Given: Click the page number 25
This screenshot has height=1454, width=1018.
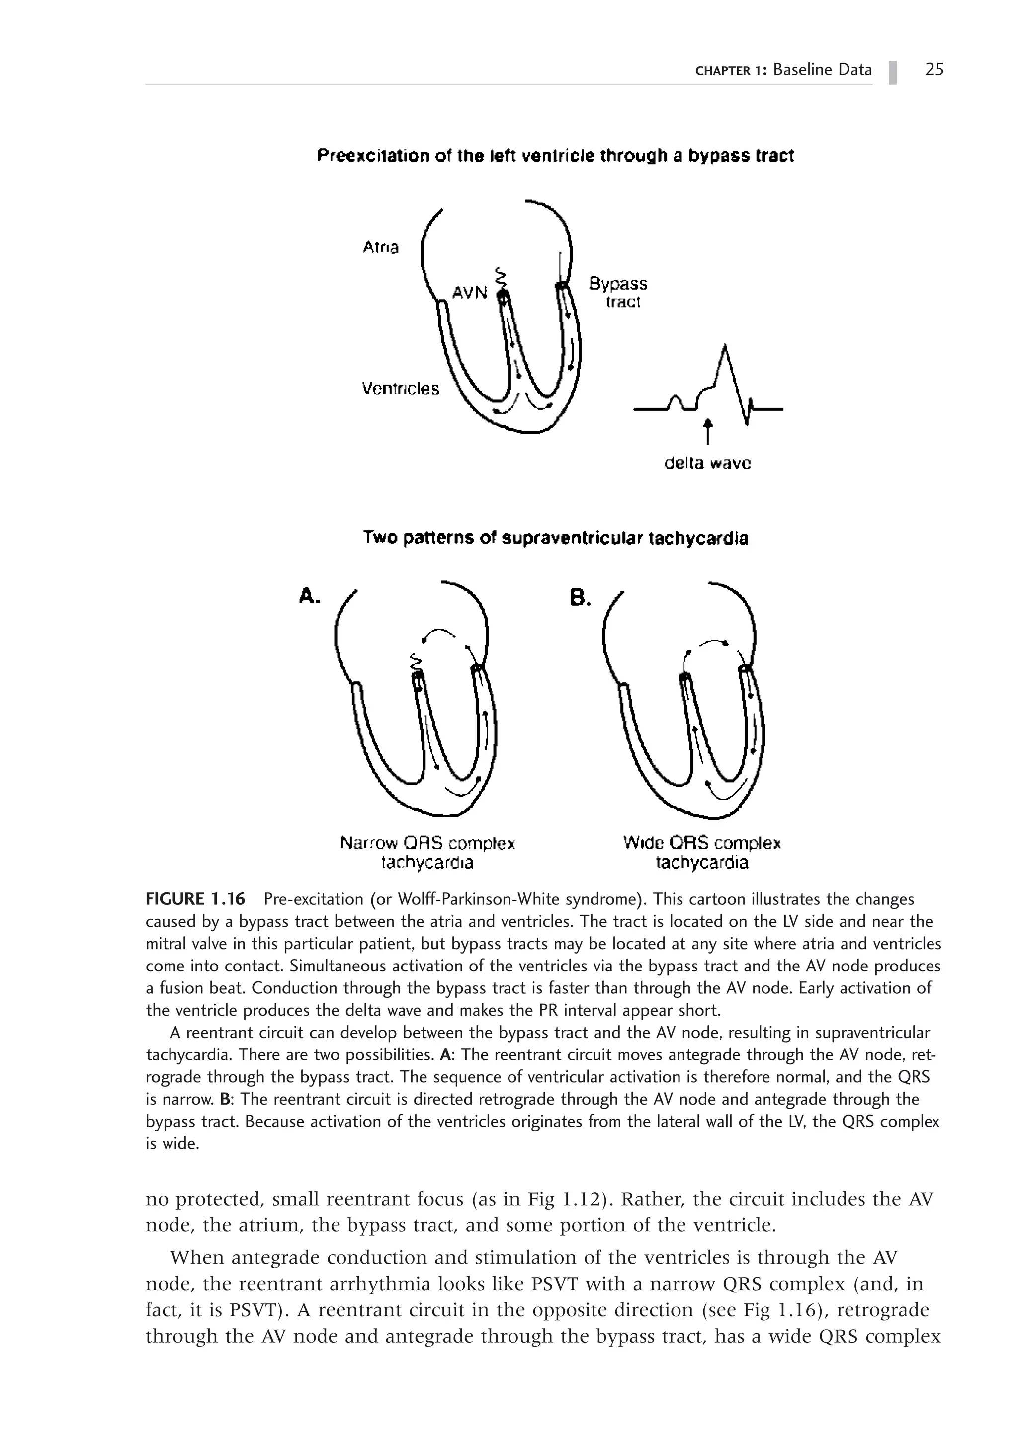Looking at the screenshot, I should (x=934, y=69).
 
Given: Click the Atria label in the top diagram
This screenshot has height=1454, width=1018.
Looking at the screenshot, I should (x=381, y=247).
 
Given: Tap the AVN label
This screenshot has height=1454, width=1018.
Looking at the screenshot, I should (x=469, y=293).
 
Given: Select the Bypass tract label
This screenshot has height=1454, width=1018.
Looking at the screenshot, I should (x=618, y=292).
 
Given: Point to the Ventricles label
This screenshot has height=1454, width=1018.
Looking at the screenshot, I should (x=400, y=388).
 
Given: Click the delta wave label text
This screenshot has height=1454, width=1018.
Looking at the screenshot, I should (x=708, y=464).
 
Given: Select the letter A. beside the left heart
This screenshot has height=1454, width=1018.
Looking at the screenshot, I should (x=309, y=596).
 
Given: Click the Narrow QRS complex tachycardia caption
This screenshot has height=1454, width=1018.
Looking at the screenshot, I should (x=427, y=852).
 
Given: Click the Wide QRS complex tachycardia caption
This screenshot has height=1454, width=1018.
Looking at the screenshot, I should (x=702, y=852).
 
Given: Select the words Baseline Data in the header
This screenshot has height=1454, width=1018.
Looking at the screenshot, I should (x=822, y=70).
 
